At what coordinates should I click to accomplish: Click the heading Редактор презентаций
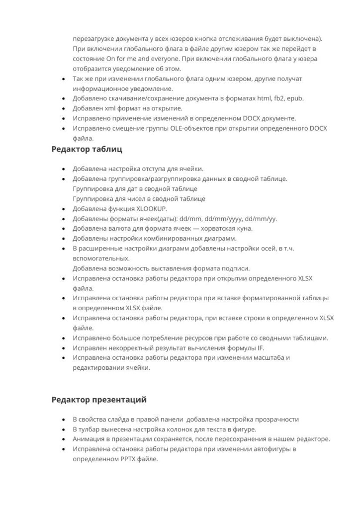tap(99, 400)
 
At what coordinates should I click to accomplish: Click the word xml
tap(105, 108)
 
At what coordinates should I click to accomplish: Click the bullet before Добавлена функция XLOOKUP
tap(63, 209)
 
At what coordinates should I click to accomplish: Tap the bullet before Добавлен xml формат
tap(63, 109)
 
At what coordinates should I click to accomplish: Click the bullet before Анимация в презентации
tap(63, 440)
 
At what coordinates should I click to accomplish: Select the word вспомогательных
tap(101, 258)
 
